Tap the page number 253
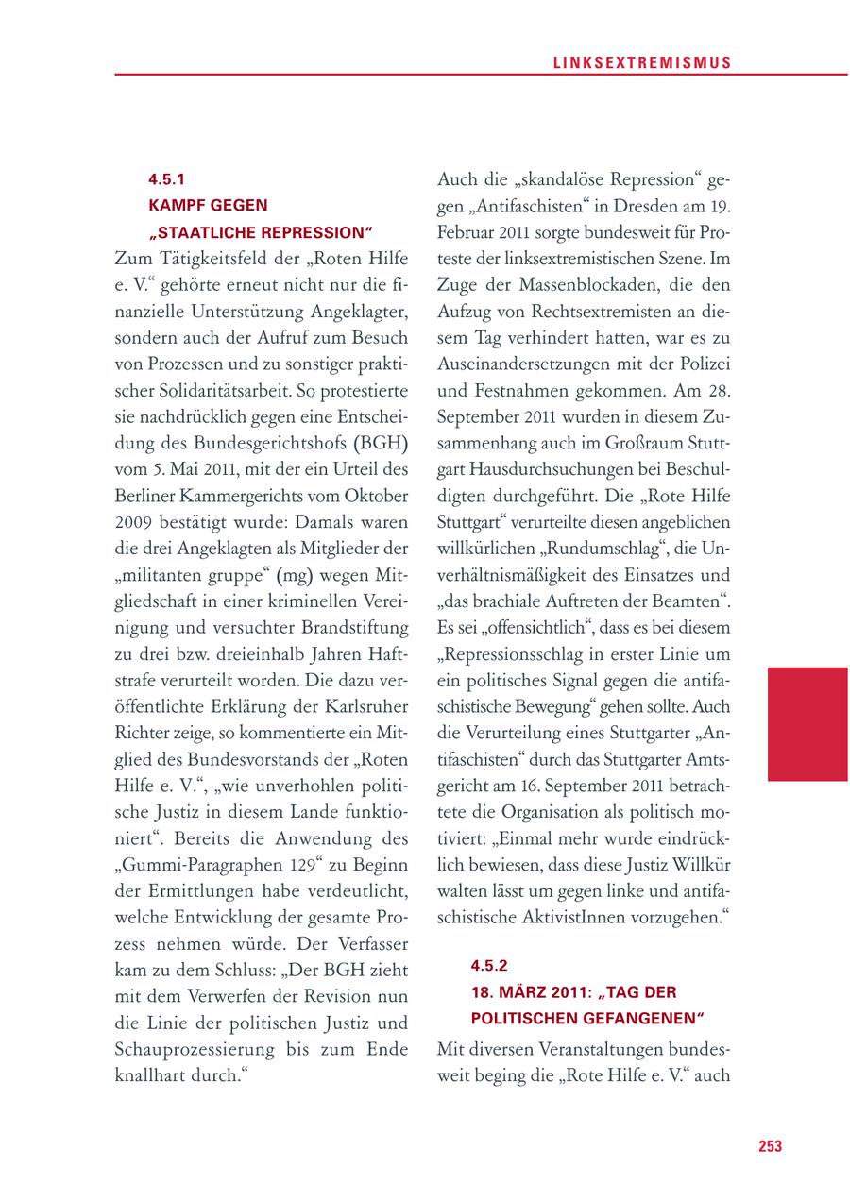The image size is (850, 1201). pos(770,1146)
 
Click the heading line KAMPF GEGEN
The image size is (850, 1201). pos(208,205)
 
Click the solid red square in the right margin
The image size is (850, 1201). pos(807,723)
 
